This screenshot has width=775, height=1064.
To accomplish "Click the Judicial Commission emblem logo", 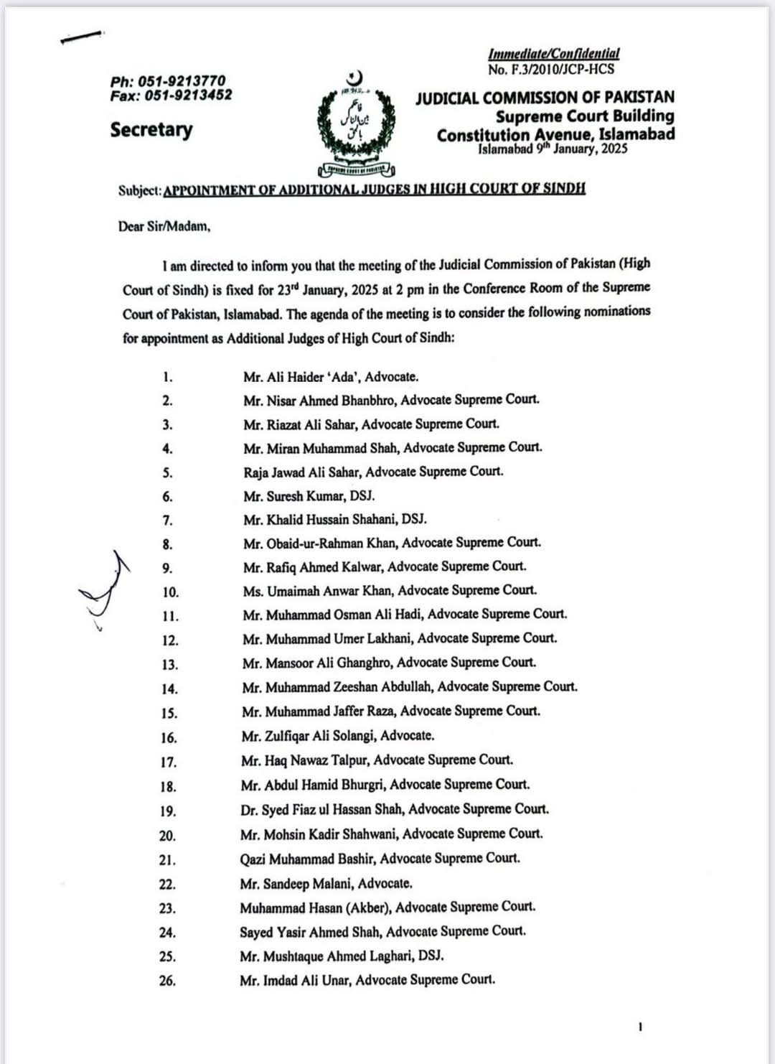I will tap(357, 126).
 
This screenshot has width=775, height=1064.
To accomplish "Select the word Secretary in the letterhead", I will tap(151, 129).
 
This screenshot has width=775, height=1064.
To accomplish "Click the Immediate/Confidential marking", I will tap(553, 53).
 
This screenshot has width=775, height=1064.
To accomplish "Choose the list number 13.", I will tap(169, 664).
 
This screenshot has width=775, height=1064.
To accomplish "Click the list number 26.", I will tap(167, 980).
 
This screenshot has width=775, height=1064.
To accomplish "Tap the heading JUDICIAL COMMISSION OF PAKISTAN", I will tap(545, 98).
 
